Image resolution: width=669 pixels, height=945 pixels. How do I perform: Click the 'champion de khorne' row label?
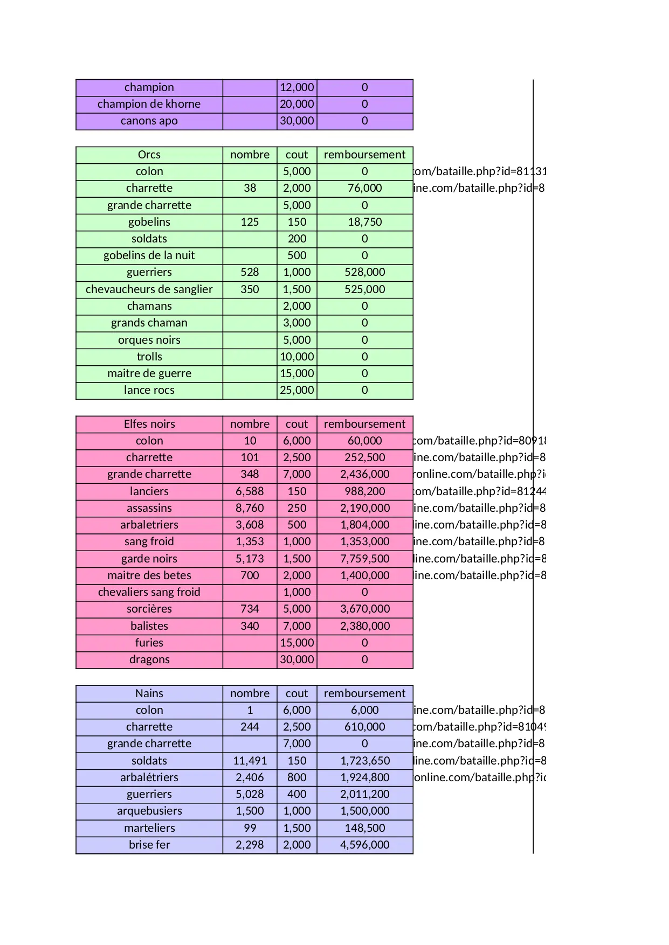click(x=149, y=104)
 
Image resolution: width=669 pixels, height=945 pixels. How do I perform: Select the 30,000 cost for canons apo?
click(x=296, y=121)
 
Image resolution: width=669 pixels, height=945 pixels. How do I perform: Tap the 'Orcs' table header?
click(x=149, y=155)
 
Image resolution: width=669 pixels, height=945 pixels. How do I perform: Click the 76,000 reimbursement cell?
click(x=364, y=188)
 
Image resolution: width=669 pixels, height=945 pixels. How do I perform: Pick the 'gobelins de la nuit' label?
click(x=149, y=255)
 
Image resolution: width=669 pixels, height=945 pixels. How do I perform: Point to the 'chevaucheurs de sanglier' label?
click(x=149, y=289)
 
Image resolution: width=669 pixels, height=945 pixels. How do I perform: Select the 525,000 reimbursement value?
click(x=364, y=289)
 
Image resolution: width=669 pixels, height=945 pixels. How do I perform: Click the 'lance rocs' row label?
click(x=149, y=390)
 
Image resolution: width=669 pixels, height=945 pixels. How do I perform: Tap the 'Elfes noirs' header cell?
click(x=149, y=424)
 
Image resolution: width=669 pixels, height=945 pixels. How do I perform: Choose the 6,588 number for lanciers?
click(x=250, y=491)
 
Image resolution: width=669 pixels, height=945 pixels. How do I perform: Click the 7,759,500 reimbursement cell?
click(x=364, y=559)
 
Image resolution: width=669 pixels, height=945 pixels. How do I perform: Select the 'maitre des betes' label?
click(x=149, y=575)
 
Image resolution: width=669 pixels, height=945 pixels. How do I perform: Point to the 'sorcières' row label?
click(x=149, y=609)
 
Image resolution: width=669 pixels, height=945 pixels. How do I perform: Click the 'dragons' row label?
click(x=149, y=659)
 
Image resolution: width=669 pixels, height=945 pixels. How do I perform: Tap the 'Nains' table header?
click(x=149, y=693)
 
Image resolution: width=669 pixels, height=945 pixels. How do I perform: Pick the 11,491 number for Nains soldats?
click(x=250, y=761)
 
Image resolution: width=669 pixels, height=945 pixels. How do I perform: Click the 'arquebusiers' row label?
click(x=149, y=811)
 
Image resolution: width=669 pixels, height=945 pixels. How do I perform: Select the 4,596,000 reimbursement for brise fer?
click(x=364, y=845)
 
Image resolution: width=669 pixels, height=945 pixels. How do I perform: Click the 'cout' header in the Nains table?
click(x=296, y=693)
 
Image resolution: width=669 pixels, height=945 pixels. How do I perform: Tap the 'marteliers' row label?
click(x=149, y=828)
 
